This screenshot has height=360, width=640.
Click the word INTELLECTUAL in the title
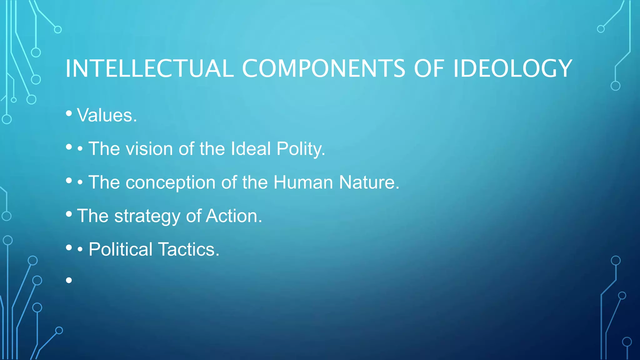pyautogui.click(x=149, y=68)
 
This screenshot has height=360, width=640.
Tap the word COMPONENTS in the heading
pyautogui.click(x=323, y=68)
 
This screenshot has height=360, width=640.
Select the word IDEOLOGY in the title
pyautogui.click(x=512, y=68)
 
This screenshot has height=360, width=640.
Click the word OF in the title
pyautogui.click(x=429, y=68)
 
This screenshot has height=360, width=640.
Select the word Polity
pyautogui.click(x=301, y=149)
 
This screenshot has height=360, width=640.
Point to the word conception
pyautogui.click(x=170, y=182)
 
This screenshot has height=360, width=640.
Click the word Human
pyautogui.click(x=303, y=182)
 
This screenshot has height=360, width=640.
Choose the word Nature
pyautogui.click(x=369, y=182)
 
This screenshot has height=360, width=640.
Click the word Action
pyautogui.click(x=233, y=216)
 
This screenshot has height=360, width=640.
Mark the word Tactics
pyautogui.click(x=189, y=249)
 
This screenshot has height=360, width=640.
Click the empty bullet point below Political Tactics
pyautogui.click(x=69, y=280)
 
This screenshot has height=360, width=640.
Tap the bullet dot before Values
pyautogui.click(x=69, y=113)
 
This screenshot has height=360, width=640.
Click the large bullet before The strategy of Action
pyautogui.click(x=69, y=214)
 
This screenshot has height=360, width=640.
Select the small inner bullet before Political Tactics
pyautogui.click(x=80, y=250)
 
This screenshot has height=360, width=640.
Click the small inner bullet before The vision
pyautogui.click(x=80, y=149)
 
